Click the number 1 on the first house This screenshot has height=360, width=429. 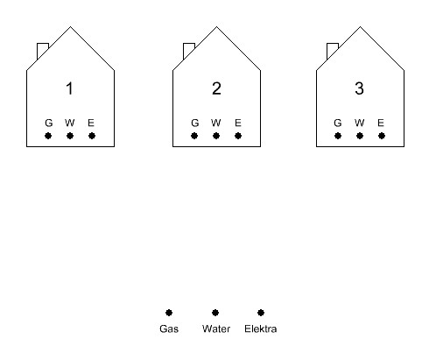69,88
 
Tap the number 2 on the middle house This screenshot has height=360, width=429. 216,88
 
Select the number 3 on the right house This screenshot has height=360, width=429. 360,88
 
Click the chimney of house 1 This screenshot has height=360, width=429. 42,51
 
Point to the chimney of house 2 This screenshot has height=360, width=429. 188,51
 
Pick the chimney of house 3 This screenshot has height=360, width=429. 332,51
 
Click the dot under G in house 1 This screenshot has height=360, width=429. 48,136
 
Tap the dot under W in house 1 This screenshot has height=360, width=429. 70,136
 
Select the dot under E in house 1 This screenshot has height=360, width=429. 92,136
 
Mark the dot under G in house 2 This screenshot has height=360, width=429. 194,136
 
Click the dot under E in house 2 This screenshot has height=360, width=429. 238,136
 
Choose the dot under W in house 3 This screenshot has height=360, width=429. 360,136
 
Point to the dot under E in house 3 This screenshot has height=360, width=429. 382,136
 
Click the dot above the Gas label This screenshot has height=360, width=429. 169,313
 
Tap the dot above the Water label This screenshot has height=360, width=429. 215,313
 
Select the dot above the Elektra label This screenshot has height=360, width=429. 261,313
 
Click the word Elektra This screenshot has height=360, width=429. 261,328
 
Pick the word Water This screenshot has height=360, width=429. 216,328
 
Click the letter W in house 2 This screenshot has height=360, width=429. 216,123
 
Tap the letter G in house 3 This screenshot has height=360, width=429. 338,123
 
